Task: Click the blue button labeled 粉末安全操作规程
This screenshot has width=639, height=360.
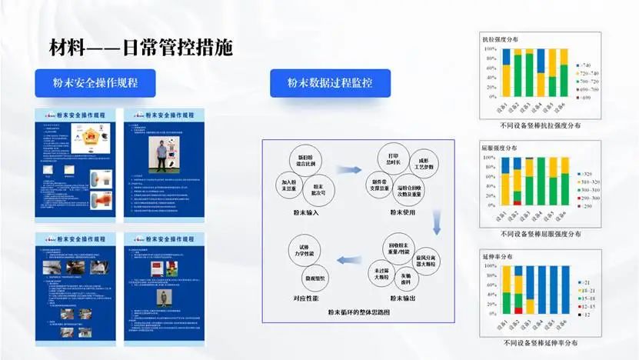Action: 95,83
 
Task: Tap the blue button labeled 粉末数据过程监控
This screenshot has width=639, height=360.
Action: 329,83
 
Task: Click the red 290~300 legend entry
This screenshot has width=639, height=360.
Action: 586,198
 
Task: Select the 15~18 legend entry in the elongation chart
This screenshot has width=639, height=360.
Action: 586,297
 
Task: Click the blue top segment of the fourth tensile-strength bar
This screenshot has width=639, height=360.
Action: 541,60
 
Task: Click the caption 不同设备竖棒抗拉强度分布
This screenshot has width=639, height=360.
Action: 540,124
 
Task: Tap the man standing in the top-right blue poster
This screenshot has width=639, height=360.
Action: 161,155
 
